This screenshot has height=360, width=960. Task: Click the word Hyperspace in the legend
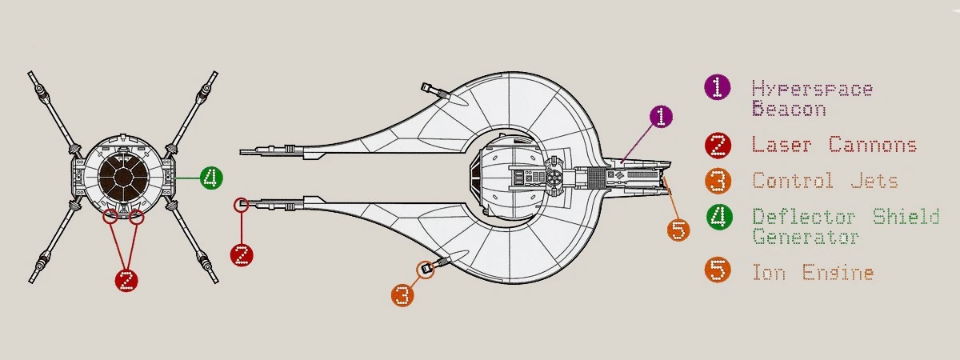coord(813,89)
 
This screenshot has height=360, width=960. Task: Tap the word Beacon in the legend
coord(789,109)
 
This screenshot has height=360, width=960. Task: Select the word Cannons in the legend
coord(873,145)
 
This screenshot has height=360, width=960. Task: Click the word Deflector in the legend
coord(804,217)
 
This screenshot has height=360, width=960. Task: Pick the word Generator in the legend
coord(806,236)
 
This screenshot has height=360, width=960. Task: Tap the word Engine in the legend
coord(838,273)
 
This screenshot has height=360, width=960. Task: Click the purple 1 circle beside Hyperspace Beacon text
coord(718,87)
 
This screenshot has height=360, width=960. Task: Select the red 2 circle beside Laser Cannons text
coord(718,146)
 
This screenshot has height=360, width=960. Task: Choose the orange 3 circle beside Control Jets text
coord(718,181)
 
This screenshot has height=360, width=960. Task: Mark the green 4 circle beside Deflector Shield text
coord(719,217)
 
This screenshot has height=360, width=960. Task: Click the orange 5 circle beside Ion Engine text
coord(718,270)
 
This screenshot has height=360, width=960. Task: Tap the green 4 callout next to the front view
coord(211,178)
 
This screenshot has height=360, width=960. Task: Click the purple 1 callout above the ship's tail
coord(661,116)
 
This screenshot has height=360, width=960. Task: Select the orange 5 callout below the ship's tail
coord(678,230)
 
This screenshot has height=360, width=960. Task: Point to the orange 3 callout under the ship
coord(402,295)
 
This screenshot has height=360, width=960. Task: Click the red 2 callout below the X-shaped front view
coord(126,280)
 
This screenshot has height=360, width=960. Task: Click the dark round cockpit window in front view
coord(123,177)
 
